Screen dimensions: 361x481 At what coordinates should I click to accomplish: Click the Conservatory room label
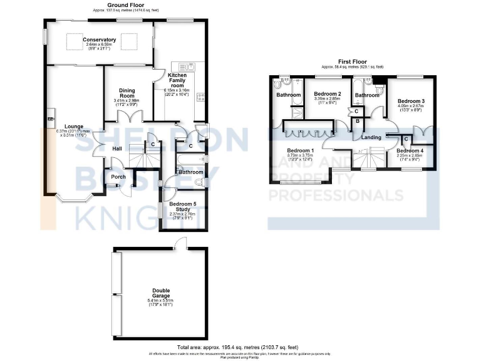[x=100, y=40]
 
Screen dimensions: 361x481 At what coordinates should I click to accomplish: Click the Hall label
[x=116, y=149]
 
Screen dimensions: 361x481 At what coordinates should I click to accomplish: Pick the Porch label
[x=118, y=177]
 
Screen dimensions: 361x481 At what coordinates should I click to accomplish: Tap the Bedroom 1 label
[x=300, y=150]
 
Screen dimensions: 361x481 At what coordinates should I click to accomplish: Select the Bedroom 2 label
[x=326, y=93]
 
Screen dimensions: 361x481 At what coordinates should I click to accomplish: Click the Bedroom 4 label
[x=410, y=151]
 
